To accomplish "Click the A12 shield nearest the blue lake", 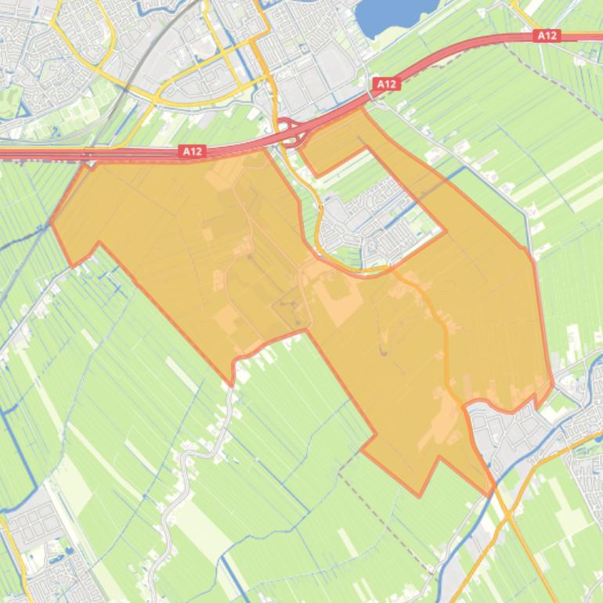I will (385, 84).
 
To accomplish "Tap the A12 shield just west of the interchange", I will (192, 151).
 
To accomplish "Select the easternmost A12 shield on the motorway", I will (547, 35).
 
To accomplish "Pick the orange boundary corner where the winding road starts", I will (233, 384).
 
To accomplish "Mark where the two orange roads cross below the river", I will (507, 517).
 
